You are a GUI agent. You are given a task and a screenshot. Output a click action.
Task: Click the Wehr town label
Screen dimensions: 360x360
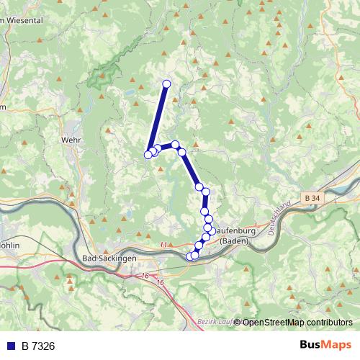pos(71,140)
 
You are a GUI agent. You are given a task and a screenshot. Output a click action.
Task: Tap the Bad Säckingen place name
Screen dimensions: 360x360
pos(110,258)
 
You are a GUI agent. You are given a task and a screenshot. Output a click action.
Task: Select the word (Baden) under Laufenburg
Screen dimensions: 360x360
pos(234,240)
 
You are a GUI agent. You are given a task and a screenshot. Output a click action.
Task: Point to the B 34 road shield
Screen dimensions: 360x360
pos(311,197)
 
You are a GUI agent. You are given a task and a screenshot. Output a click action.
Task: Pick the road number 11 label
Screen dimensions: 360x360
pos(163,245)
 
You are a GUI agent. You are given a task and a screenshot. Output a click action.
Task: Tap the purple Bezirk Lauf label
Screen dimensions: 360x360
pos(215,323)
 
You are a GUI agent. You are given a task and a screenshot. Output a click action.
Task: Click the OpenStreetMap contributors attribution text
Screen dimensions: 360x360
pos(297,323)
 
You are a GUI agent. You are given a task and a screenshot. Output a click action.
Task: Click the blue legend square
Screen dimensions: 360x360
pos(12,346)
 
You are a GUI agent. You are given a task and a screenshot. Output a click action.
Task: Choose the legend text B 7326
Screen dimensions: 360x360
pos(38,346)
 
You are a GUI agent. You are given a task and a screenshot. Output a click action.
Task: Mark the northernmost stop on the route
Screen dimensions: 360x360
pos(166,84)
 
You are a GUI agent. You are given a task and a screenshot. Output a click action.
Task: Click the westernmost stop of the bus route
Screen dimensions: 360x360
pos(148,154)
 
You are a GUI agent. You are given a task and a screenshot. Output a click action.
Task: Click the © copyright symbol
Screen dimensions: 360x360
pos(238,323)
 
